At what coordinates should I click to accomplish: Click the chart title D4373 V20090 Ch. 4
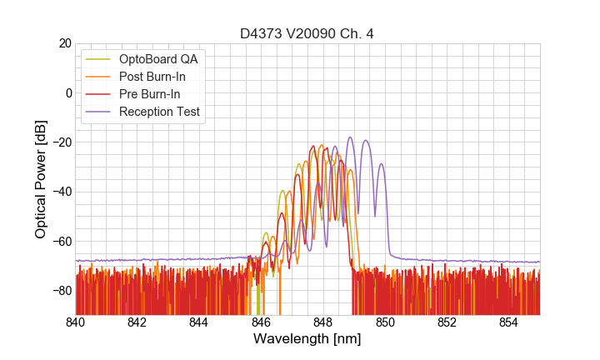(307, 33)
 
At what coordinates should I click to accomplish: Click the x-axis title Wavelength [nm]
(307, 339)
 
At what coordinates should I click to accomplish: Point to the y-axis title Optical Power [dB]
(41, 179)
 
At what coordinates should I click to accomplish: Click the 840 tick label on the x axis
(76, 322)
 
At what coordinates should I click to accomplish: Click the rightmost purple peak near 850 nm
(382, 164)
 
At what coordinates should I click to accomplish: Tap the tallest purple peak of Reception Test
(350, 138)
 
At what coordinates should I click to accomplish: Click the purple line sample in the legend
(98, 112)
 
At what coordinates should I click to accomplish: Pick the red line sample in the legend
(98, 94)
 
